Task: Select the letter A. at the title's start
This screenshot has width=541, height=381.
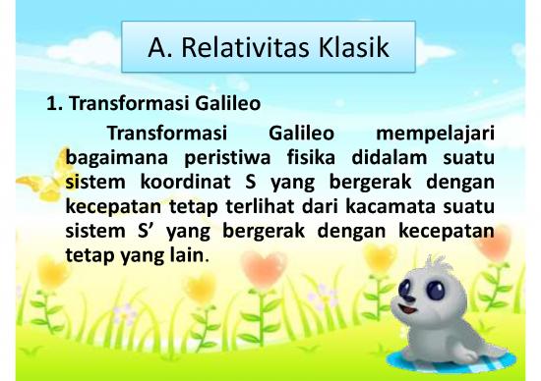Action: click(x=161, y=46)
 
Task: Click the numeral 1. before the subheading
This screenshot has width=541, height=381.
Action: click(x=54, y=103)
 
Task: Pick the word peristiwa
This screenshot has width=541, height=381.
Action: click(x=222, y=157)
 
